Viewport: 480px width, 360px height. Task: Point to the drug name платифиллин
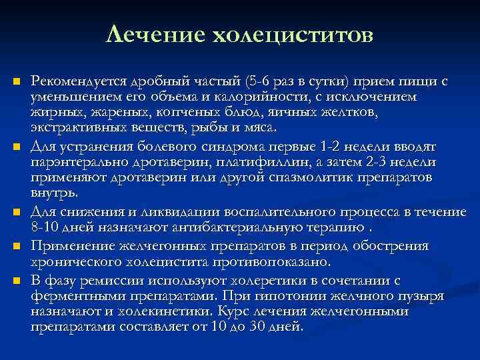click(254, 162)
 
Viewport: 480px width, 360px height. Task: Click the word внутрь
click(54, 194)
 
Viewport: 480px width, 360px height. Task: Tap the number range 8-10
click(45, 227)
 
